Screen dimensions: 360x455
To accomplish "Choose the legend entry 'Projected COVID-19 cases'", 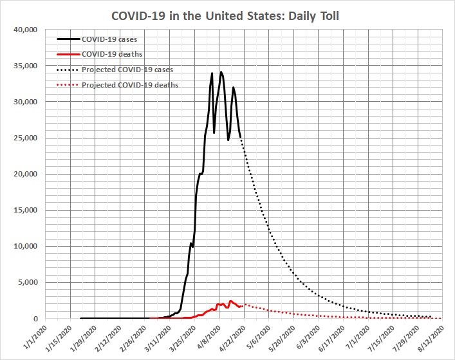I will [x=127, y=70].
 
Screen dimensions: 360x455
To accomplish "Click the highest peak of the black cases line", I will [x=221, y=71].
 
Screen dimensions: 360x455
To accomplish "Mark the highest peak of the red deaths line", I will [x=230, y=301].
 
